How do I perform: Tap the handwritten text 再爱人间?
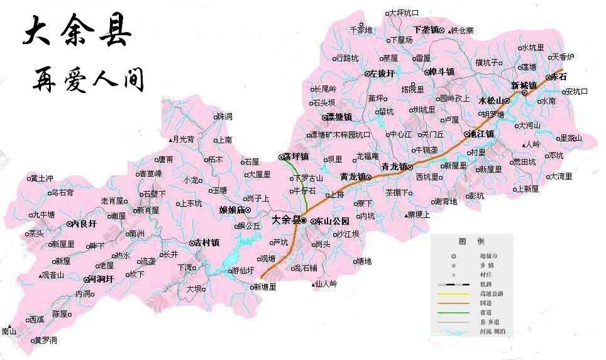tap(88, 80)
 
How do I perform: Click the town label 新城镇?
tap(523, 85)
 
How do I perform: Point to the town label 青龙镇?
tap(394, 166)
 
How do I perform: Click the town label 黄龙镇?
tap(352, 177)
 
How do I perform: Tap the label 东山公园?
tap(331, 221)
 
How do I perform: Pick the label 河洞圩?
tap(100, 278)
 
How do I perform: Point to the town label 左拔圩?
tap(382, 74)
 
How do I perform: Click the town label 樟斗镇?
tap(440, 72)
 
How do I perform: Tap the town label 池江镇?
tap(482, 134)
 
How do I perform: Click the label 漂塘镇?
tap(339, 117)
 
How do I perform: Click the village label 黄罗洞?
tap(45, 340)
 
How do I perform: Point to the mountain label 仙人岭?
tap(326, 283)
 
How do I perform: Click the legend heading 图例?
tap(471, 241)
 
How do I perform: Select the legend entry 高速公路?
tap(491, 293)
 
